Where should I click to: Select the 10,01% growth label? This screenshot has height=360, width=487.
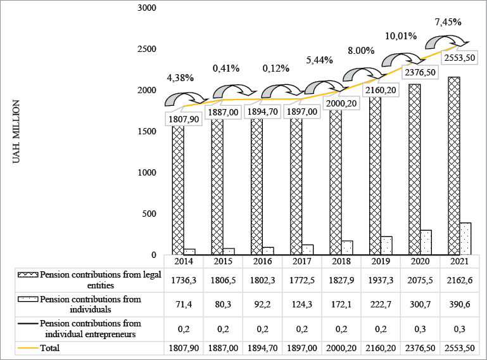[x=400, y=36]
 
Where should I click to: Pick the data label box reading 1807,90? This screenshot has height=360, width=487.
[x=184, y=119]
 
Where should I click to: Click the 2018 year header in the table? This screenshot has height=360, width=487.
[x=341, y=260]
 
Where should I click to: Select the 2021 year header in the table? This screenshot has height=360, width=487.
[x=459, y=260]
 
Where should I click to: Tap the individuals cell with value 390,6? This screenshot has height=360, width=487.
[x=459, y=304]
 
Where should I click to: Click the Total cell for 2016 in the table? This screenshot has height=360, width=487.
[x=262, y=348]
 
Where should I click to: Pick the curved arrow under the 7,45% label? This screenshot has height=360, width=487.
[x=447, y=42]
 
